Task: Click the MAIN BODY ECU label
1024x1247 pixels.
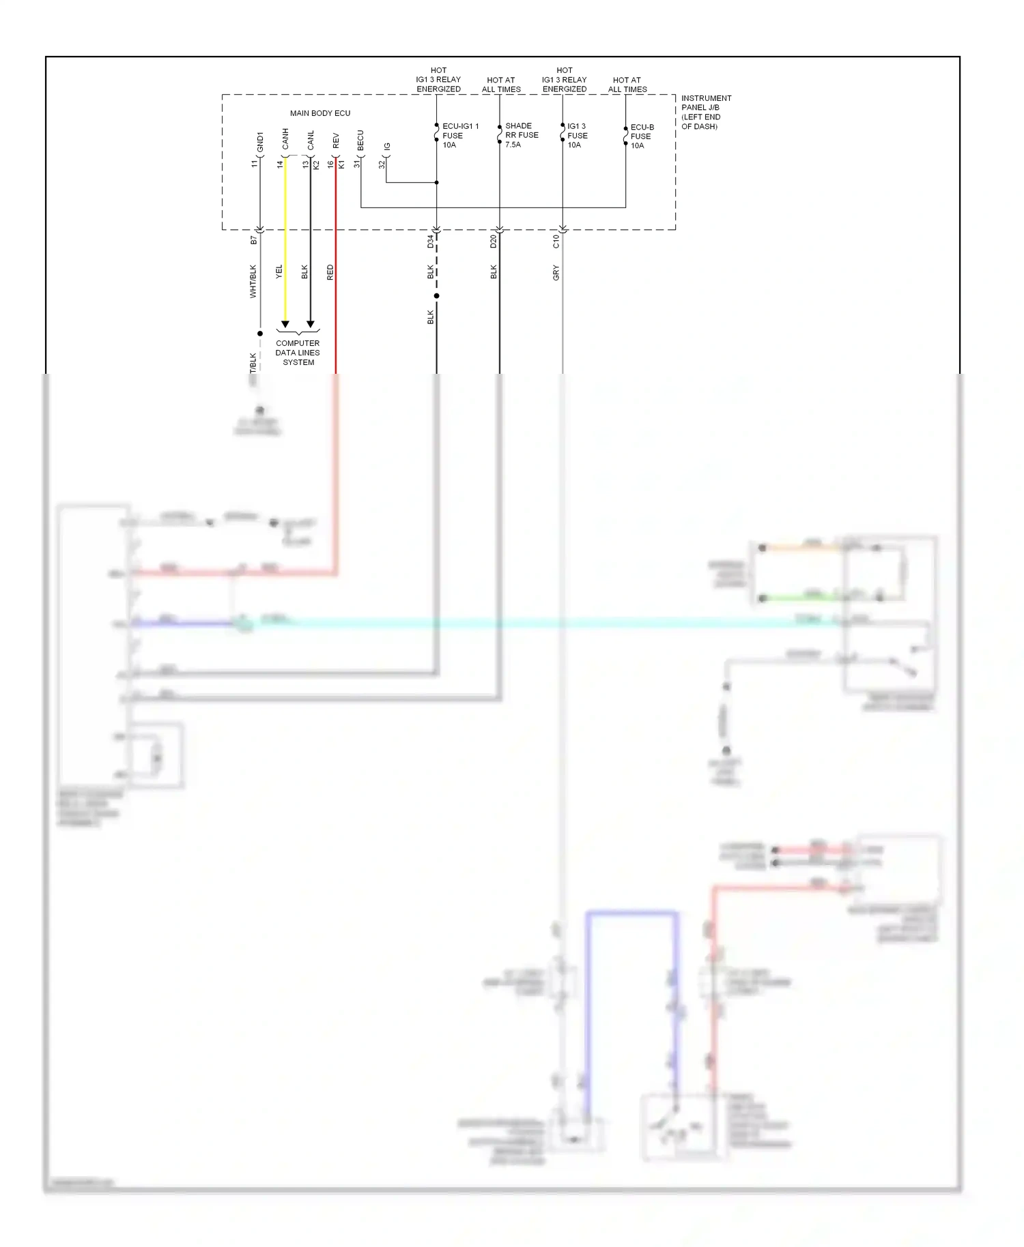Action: click(x=319, y=113)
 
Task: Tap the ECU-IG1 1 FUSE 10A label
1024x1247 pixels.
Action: click(x=459, y=136)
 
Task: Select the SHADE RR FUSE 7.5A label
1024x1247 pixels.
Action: click(x=522, y=135)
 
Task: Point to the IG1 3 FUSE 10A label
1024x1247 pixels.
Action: click(x=577, y=136)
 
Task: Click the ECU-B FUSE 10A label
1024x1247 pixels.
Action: click(x=642, y=136)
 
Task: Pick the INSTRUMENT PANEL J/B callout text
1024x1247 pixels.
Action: click(x=706, y=113)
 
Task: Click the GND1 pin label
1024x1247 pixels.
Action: click(x=260, y=142)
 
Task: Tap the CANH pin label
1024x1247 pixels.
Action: click(x=285, y=139)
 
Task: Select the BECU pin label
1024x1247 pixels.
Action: click(x=360, y=141)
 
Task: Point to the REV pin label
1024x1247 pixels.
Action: click(x=336, y=141)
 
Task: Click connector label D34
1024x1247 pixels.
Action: click(x=431, y=241)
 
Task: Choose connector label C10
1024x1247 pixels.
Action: click(x=556, y=241)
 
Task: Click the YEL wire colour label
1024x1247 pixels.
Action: click(x=279, y=272)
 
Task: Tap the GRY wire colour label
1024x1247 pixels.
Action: click(x=556, y=274)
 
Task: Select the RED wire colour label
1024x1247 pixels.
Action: click(x=330, y=273)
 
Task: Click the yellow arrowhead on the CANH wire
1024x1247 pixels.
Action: click(x=285, y=325)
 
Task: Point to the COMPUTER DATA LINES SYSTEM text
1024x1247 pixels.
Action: click(x=298, y=353)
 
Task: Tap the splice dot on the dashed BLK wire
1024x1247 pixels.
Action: click(x=436, y=296)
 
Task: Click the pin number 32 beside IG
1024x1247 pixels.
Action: click(x=382, y=164)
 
